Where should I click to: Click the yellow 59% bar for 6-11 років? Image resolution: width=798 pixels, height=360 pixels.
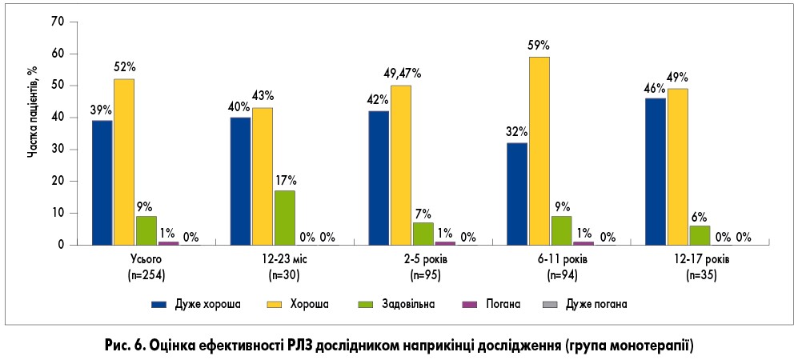(x=539, y=150)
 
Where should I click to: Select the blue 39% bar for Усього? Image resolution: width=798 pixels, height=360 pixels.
(x=102, y=182)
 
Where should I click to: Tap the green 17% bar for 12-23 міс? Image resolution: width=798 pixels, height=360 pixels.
(x=284, y=217)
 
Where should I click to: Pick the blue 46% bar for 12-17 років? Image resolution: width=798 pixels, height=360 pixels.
(x=656, y=171)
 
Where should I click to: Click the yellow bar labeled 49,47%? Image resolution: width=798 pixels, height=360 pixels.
(x=400, y=165)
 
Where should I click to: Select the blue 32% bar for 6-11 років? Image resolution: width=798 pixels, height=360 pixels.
(x=517, y=194)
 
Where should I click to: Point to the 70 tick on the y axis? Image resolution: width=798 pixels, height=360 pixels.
(x=57, y=22)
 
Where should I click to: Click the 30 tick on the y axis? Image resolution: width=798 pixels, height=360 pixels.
(x=57, y=150)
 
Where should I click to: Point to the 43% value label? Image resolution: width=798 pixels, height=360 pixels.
(x=263, y=98)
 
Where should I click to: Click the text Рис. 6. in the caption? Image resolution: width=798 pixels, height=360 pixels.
(x=124, y=345)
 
